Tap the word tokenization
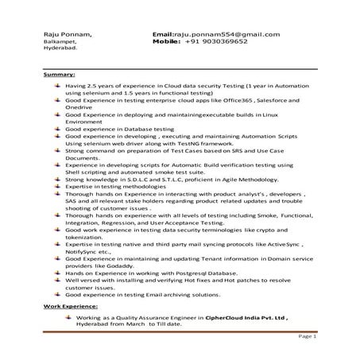86,237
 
